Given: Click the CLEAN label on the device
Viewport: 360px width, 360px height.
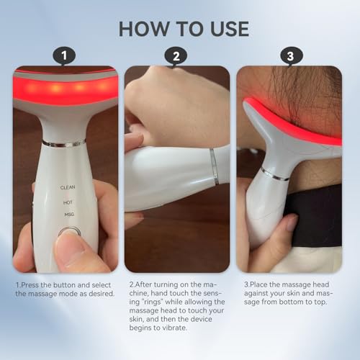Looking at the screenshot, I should [68, 186].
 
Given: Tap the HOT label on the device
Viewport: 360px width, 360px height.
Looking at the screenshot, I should [67, 203].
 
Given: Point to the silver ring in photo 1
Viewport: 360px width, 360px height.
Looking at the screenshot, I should [64, 143].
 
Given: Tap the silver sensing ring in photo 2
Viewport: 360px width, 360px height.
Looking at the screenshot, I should [215, 167].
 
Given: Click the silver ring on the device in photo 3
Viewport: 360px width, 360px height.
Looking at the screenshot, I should [275, 174].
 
